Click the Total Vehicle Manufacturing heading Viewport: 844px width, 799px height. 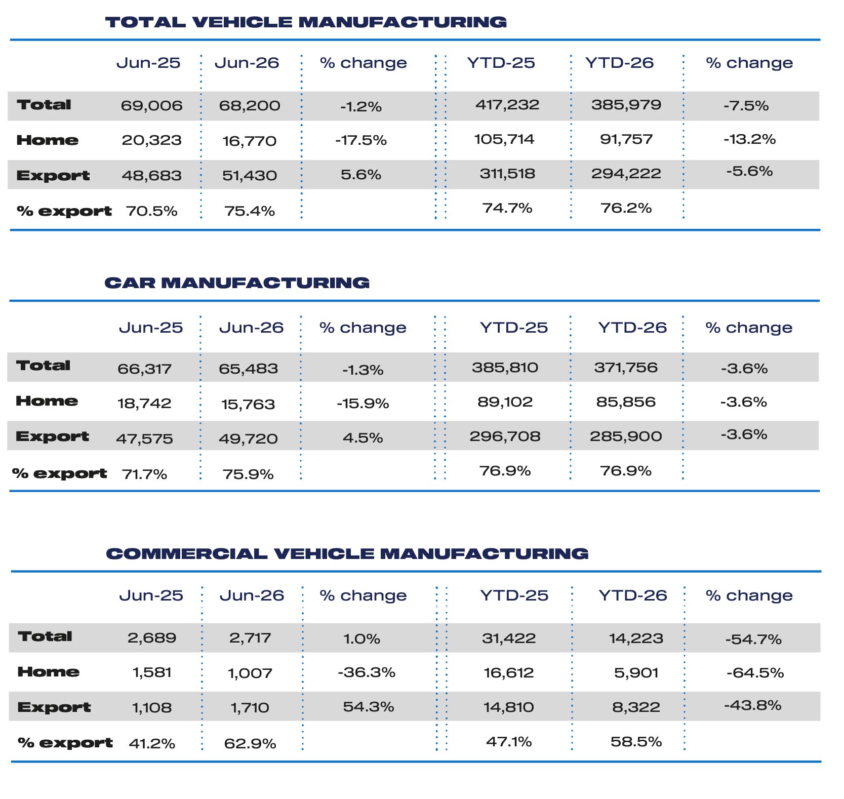pyautogui.click(x=306, y=22)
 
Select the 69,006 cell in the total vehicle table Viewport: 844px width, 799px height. pyautogui.click(x=151, y=106)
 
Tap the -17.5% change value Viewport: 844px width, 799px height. pyautogui.click(x=361, y=140)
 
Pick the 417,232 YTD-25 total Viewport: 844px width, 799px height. pyautogui.click(x=507, y=105)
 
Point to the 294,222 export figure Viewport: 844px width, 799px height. pyautogui.click(x=626, y=174)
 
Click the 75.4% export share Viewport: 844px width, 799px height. pyautogui.click(x=250, y=211)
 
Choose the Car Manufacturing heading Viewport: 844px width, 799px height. pyautogui.click(x=237, y=283)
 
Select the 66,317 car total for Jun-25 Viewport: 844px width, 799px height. pyautogui.click(x=145, y=369)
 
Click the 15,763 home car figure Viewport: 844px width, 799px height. pyautogui.click(x=248, y=405)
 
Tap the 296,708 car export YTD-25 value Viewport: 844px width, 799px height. pyautogui.click(x=505, y=436)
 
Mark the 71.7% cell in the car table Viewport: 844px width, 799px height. pyautogui.click(x=144, y=474)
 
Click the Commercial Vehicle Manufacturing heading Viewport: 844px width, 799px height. pyautogui.click(x=347, y=553)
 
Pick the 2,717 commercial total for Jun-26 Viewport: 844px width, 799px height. pyautogui.click(x=250, y=638)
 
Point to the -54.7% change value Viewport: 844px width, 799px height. pyautogui.click(x=753, y=640)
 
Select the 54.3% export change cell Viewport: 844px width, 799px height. pyautogui.click(x=368, y=707)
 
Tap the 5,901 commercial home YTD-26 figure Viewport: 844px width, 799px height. pyautogui.click(x=636, y=673)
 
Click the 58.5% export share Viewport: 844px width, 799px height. pyautogui.click(x=636, y=742)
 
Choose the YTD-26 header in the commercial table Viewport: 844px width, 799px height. pyautogui.click(x=633, y=595)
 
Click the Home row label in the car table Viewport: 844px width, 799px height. pyautogui.click(x=47, y=401)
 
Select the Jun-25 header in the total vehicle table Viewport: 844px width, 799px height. pyautogui.click(x=148, y=63)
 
